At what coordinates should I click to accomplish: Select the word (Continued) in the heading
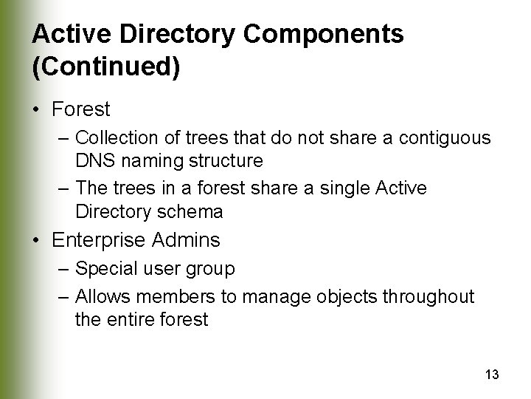pyautogui.click(x=106, y=66)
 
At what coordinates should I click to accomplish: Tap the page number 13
pyautogui.click(x=492, y=375)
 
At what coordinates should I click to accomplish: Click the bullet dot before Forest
pyautogui.click(x=37, y=110)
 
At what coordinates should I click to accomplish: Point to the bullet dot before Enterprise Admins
pyautogui.click(x=37, y=240)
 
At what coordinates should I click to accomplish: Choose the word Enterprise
pyautogui.click(x=101, y=240)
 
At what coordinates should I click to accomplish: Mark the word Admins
pyautogui.click(x=187, y=240)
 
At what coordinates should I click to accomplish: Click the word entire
pyautogui.click(x=132, y=320)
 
